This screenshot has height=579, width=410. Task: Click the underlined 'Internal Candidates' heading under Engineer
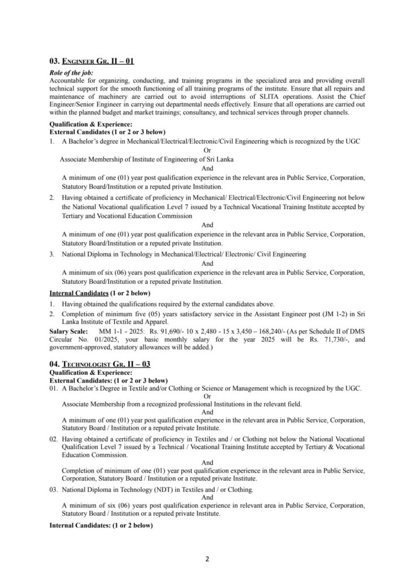tap(79, 293)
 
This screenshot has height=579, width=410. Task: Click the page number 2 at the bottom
tap(208, 560)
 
